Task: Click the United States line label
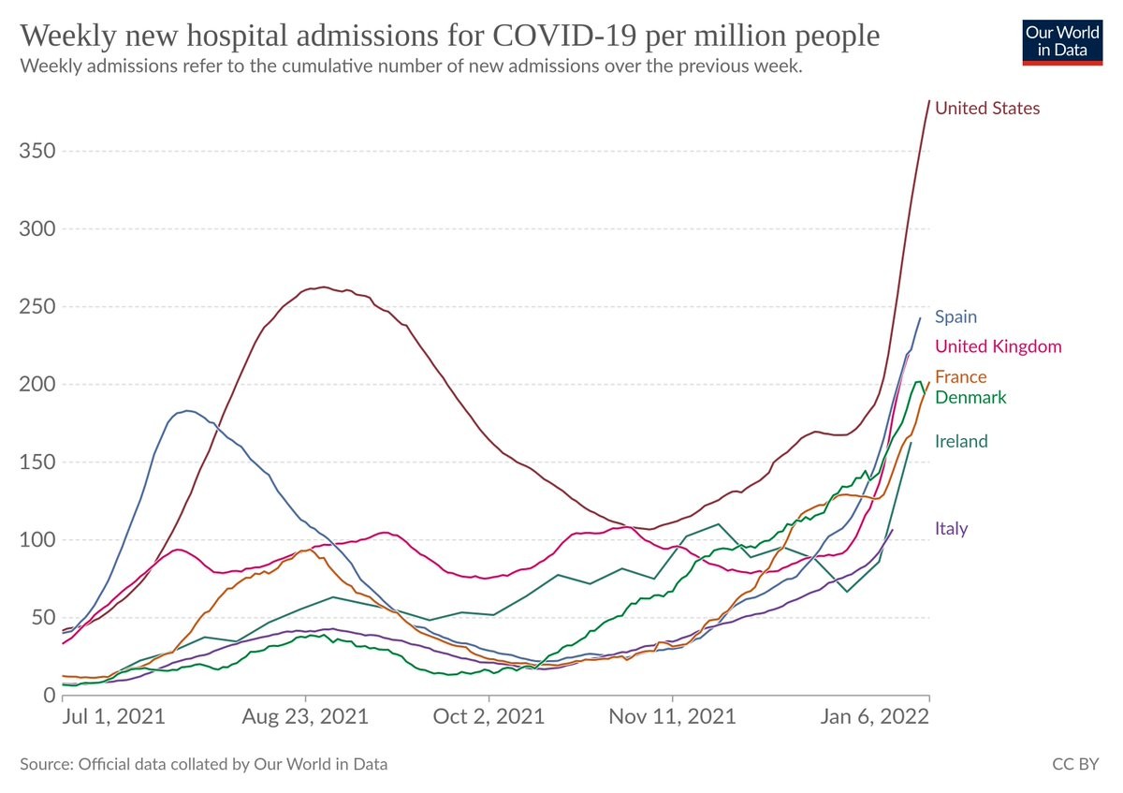tap(987, 109)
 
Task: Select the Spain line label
tap(955, 317)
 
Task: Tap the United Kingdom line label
tap(998, 347)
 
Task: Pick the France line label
tap(961, 377)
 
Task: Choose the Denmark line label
tap(970, 398)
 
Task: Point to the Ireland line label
tap(961, 442)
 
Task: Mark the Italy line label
tap(951, 529)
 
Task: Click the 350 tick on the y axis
tap(35, 152)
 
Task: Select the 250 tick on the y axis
tap(35, 307)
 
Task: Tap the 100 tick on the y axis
tap(35, 540)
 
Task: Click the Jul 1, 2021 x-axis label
tap(113, 718)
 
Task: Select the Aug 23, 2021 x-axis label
tap(306, 718)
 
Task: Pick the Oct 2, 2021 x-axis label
tap(489, 718)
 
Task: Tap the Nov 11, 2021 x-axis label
tap(672, 718)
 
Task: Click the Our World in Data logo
tap(1061, 40)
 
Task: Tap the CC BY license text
tap(1075, 765)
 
